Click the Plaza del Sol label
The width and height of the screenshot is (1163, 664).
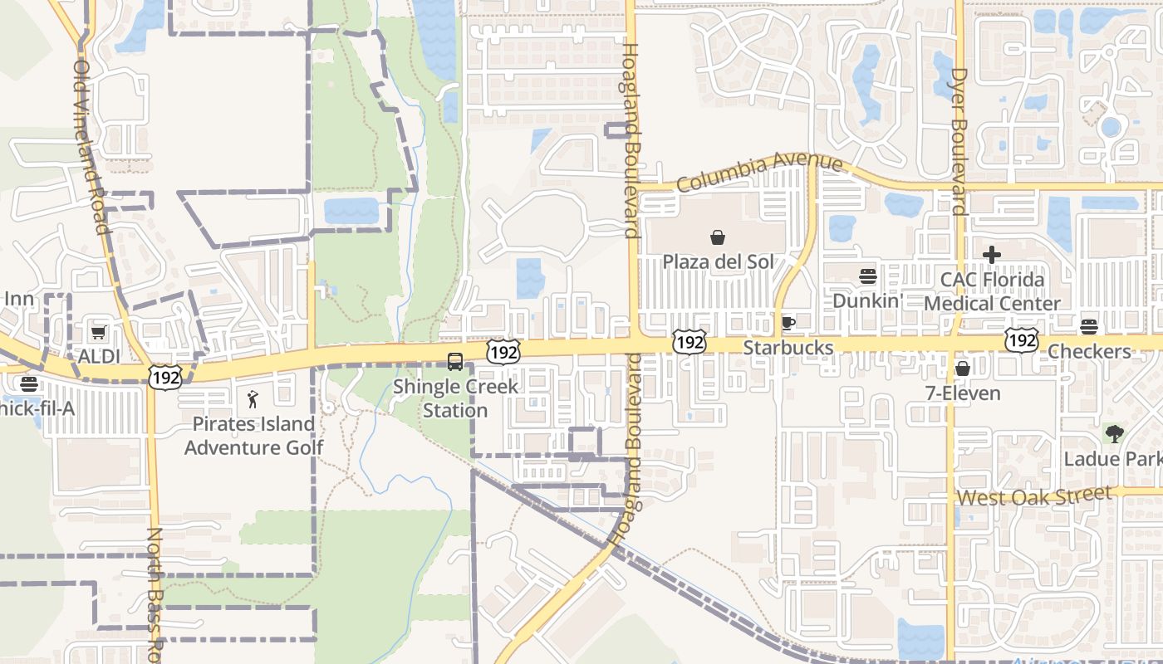point(718,262)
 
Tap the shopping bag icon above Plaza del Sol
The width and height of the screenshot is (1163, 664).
point(718,238)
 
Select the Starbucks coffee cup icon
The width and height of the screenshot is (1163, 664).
point(788,323)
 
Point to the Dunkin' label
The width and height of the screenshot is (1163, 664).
point(867,300)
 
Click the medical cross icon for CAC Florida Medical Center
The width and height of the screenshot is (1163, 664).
point(992,255)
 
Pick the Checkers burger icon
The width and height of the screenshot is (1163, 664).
point(1089,327)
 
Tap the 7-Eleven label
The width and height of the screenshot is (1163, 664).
point(964,393)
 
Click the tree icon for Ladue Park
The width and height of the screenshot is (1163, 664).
point(1114,433)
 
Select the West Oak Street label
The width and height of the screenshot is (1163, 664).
point(1033,497)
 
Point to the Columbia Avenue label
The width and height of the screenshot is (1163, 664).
point(760,171)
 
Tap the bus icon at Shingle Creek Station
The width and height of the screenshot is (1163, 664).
point(455,362)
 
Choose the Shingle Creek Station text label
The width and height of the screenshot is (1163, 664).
point(455,398)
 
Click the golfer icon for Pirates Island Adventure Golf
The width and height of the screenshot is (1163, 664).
point(253,400)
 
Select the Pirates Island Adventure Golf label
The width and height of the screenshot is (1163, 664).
point(253,436)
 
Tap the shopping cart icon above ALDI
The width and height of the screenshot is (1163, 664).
point(99,333)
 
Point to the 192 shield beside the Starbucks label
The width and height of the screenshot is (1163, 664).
point(689,341)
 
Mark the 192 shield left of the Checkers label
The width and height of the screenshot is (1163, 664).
point(1020,339)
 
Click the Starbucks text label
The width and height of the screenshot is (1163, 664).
point(788,348)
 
